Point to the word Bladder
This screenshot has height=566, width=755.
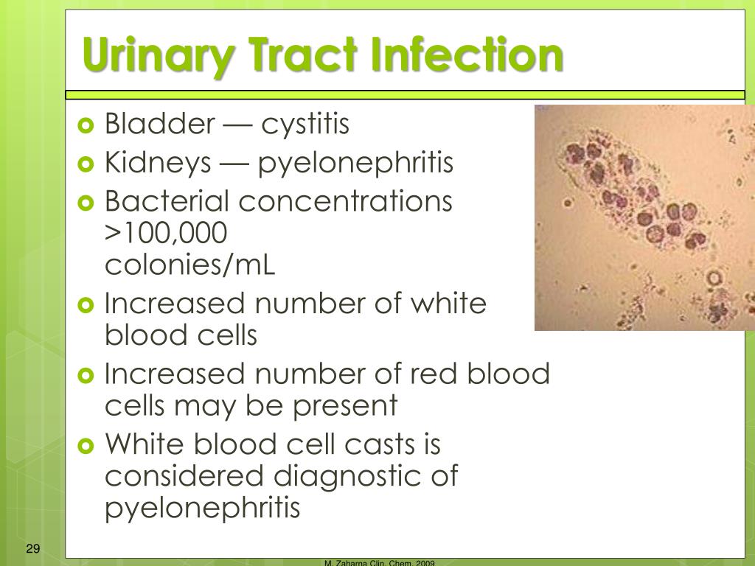160,123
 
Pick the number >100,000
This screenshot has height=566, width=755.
166,234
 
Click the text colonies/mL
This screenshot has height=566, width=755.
189,265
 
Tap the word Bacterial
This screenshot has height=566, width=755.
167,200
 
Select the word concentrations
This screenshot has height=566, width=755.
345,201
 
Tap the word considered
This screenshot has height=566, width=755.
184,475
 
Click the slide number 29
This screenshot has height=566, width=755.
32,548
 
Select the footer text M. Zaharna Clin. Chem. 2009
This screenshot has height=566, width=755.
380,562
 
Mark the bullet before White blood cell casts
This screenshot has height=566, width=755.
86,445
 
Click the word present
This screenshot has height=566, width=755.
345,407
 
